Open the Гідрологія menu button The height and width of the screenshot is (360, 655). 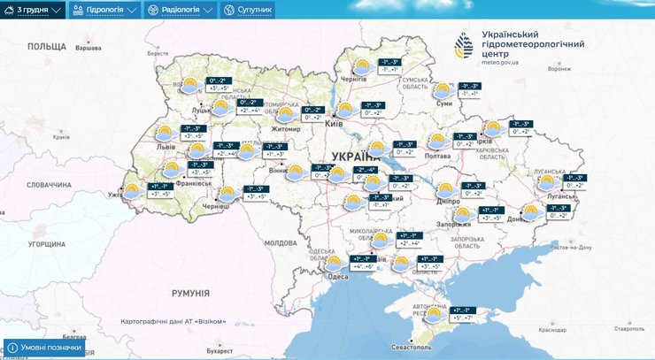pyautogui.click(x=105, y=10)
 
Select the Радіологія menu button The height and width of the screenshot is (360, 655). pyautogui.click(x=181, y=10)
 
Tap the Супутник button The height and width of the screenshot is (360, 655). pyautogui.click(x=248, y=10)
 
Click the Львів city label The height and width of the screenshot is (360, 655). pyautogui.click(x=166, y=146)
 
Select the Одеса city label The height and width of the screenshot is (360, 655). pyautogui.click(x=337, y=277)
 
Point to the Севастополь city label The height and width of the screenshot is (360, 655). pyautogui.click(x=421, y=349)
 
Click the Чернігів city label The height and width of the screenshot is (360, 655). pyautogui.click(x=353, y=79)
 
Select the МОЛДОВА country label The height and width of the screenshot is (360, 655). pyautogui.click(x=281, y=242)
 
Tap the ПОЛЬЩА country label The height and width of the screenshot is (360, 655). pyautogui.click(x=46, y=46)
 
